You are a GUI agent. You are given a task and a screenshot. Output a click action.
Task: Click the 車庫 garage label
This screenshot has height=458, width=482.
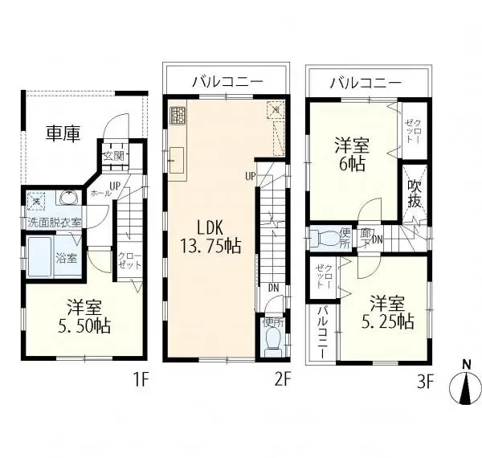pos(62,133)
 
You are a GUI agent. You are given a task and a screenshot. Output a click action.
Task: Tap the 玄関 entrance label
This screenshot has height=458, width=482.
pos(113,156)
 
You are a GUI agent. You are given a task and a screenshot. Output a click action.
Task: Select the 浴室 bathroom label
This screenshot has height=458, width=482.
pos(67,258)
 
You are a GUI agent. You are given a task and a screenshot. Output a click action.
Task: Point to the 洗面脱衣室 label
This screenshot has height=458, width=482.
pos(55,221)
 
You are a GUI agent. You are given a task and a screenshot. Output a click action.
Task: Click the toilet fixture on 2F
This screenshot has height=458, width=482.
pos(272,341)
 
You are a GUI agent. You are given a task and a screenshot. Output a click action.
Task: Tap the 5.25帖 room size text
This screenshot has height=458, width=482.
pos(391,322)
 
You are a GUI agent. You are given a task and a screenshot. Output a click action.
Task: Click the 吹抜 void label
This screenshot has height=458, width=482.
pos(415,194)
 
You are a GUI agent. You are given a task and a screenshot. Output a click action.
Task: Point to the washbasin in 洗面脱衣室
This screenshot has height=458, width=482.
pos(67,198)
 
